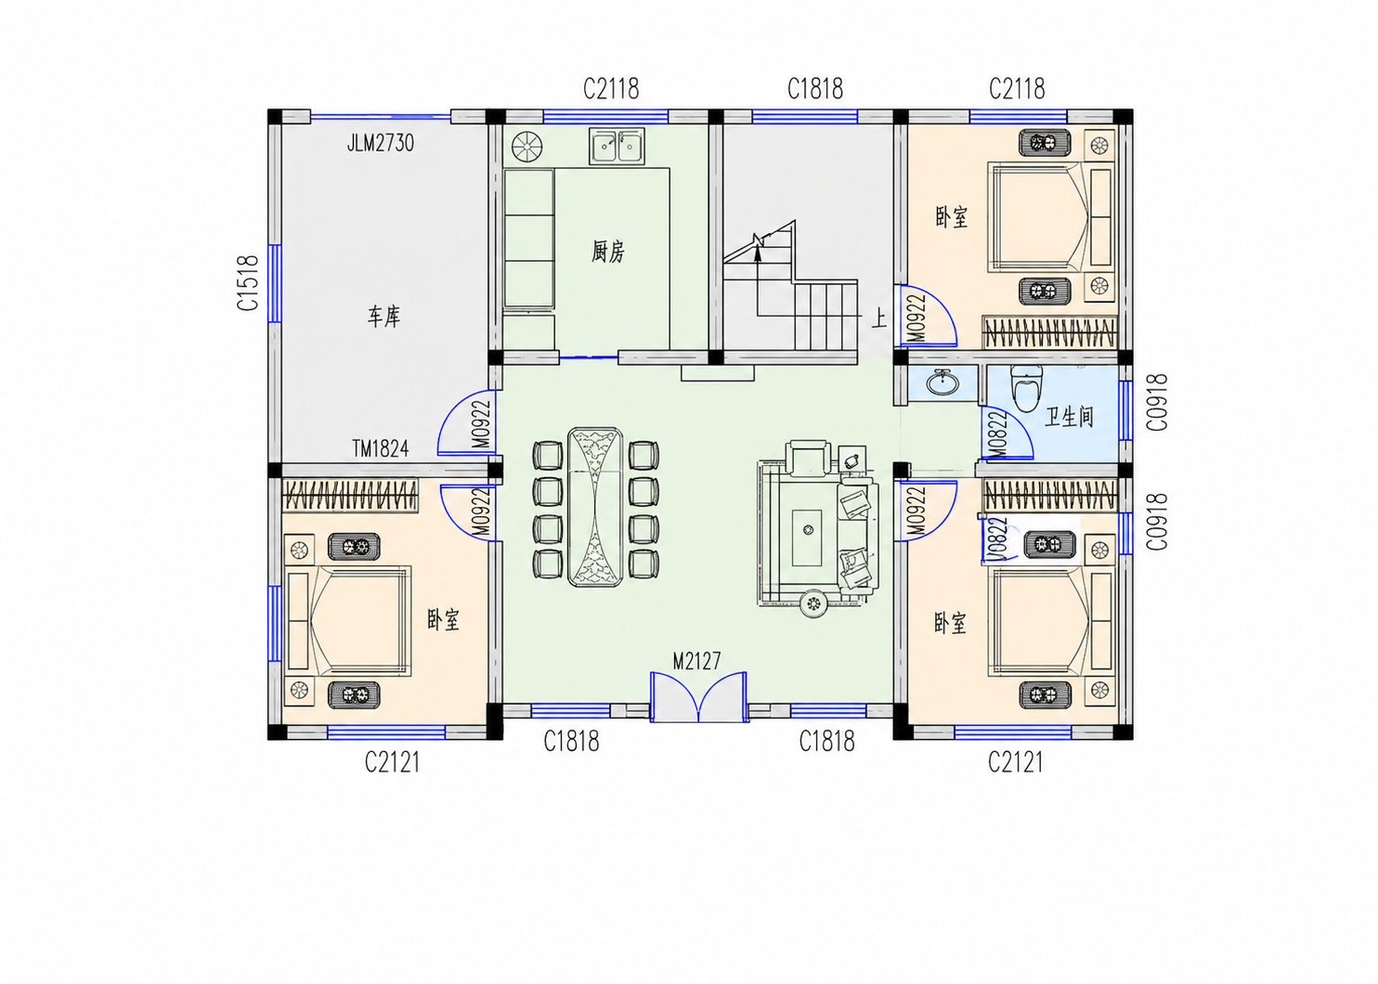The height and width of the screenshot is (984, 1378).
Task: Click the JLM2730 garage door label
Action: coord(380,143)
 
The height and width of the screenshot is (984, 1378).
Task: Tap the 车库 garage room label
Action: coord(383,317)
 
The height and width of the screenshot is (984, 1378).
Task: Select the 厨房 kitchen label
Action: coord(608,252)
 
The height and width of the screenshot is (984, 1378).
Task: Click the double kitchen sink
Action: coord(617,146)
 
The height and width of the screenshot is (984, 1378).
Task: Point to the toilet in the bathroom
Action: coord(1026,387)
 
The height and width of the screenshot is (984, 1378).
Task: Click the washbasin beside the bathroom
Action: coord(942,382)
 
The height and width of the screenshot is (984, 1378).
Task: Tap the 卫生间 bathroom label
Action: coord(1070,418)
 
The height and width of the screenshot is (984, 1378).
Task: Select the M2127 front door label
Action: coord(696,661)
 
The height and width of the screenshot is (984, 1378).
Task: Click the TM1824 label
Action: coord(380,448)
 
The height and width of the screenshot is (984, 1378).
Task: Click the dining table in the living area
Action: coord(595,507)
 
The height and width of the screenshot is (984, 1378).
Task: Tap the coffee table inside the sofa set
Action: coord(807,537)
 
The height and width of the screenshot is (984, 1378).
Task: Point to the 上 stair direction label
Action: coord(879,318)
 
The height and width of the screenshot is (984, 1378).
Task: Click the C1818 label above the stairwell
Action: coord(815,89)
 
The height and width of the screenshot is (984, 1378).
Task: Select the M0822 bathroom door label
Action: coord(997,434)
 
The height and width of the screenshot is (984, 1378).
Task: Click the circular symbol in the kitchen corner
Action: coord(527,147)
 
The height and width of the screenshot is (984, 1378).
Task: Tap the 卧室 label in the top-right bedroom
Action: coord(951,217)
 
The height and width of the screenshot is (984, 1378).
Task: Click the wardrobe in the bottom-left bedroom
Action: coord(350,495)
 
